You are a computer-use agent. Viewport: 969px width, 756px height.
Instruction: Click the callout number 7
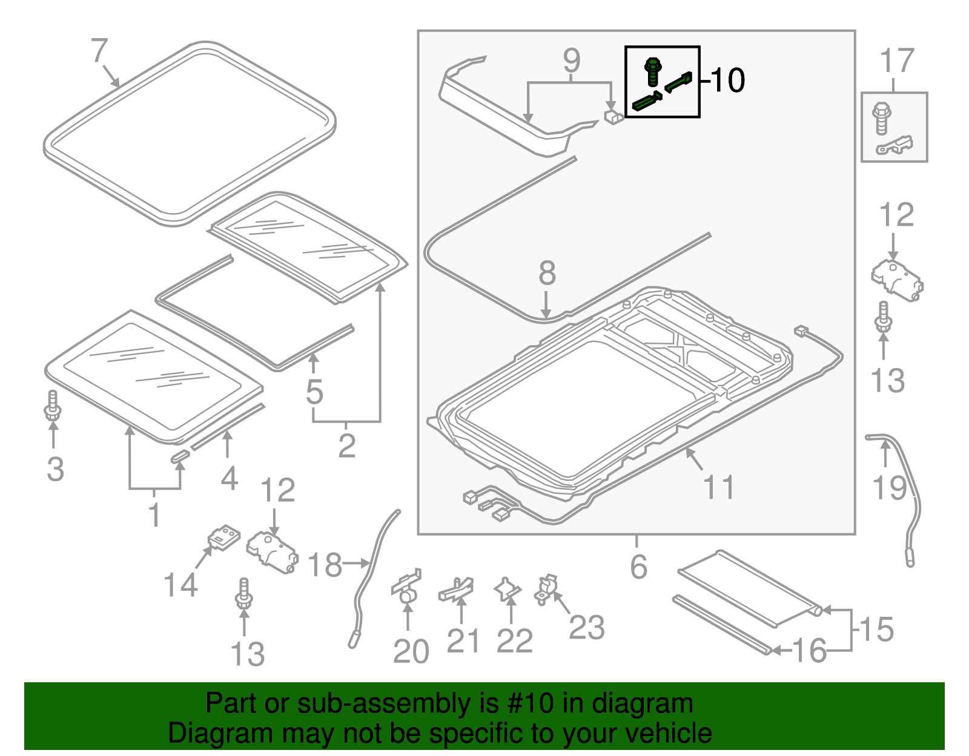pos(99,51)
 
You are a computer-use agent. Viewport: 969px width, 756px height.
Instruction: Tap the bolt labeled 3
pos(53,406)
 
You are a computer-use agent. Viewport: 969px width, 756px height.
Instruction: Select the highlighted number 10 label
pos(727,81)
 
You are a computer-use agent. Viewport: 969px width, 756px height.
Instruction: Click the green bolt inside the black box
pos(652,71)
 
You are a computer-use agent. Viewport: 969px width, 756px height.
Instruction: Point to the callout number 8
pos(547,273)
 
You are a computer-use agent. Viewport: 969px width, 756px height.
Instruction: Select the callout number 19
pos(889,488)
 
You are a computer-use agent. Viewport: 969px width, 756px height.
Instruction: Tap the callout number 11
pos(719,487)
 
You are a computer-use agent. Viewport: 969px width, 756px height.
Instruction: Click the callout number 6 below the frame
pos(638,567)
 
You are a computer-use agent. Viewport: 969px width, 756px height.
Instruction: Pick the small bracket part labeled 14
pos(223,537)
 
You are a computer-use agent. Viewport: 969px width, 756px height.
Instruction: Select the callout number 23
pos(586,627)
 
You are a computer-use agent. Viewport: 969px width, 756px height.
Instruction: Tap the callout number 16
pos(809,651)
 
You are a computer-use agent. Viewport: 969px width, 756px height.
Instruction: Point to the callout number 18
pos(325,565)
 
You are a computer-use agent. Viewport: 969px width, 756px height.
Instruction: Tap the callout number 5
pos(314,392)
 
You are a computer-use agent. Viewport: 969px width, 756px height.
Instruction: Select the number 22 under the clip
pos(514,641)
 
